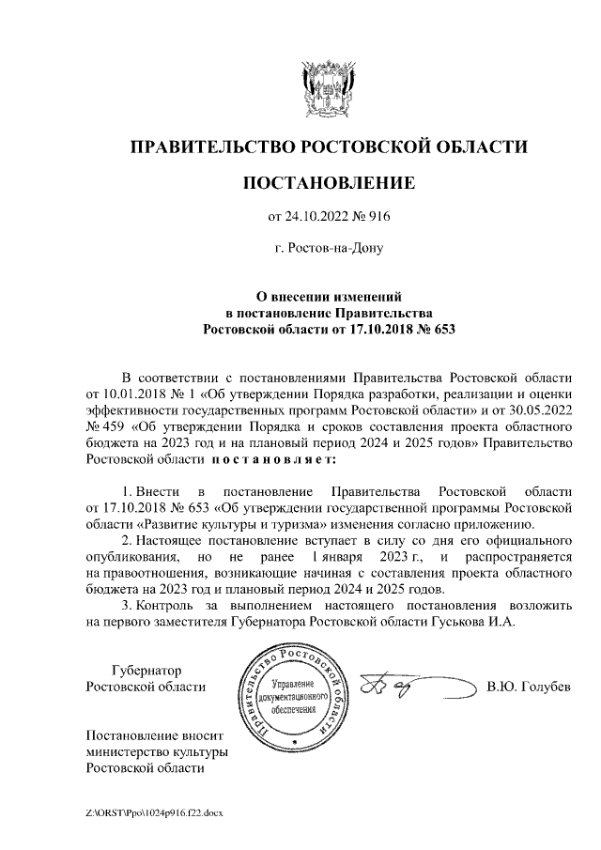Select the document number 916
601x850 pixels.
pos(377,217)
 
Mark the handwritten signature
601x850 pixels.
pos(394,690)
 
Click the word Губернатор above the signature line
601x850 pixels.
pos(146,670)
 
